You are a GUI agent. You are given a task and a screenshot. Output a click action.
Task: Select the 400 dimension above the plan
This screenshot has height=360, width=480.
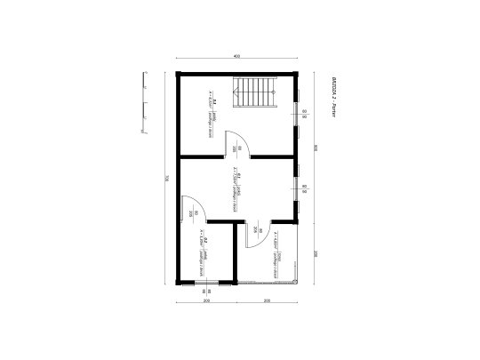(237, 57)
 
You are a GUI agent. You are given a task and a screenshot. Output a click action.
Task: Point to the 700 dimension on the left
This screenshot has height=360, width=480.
(166, 178)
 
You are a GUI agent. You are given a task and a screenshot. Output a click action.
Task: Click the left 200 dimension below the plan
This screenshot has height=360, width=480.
(207, 300)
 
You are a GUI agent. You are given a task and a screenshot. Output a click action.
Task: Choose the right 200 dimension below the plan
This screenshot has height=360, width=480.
(268, 300)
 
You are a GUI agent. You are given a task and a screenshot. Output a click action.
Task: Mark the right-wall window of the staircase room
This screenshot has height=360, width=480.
(299, 114)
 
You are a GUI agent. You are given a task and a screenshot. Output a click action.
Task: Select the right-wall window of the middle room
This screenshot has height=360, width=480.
(299, 187)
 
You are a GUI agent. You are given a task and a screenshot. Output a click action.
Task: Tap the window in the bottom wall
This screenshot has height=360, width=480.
(206, 283)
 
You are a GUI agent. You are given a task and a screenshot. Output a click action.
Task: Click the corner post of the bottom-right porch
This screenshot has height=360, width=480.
(300, 282)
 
